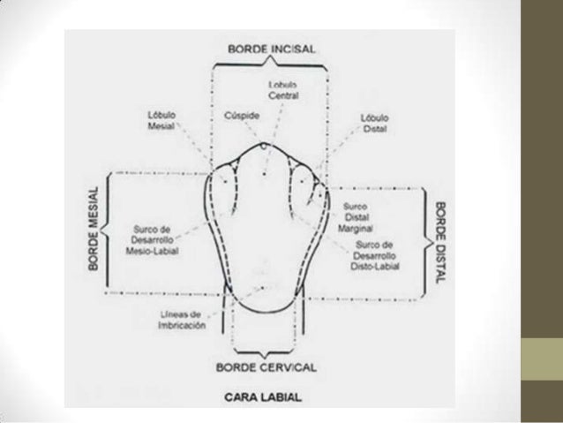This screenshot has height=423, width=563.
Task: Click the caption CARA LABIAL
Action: tap(264, 397)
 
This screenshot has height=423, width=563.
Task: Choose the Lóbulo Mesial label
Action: tap(159, 121)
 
